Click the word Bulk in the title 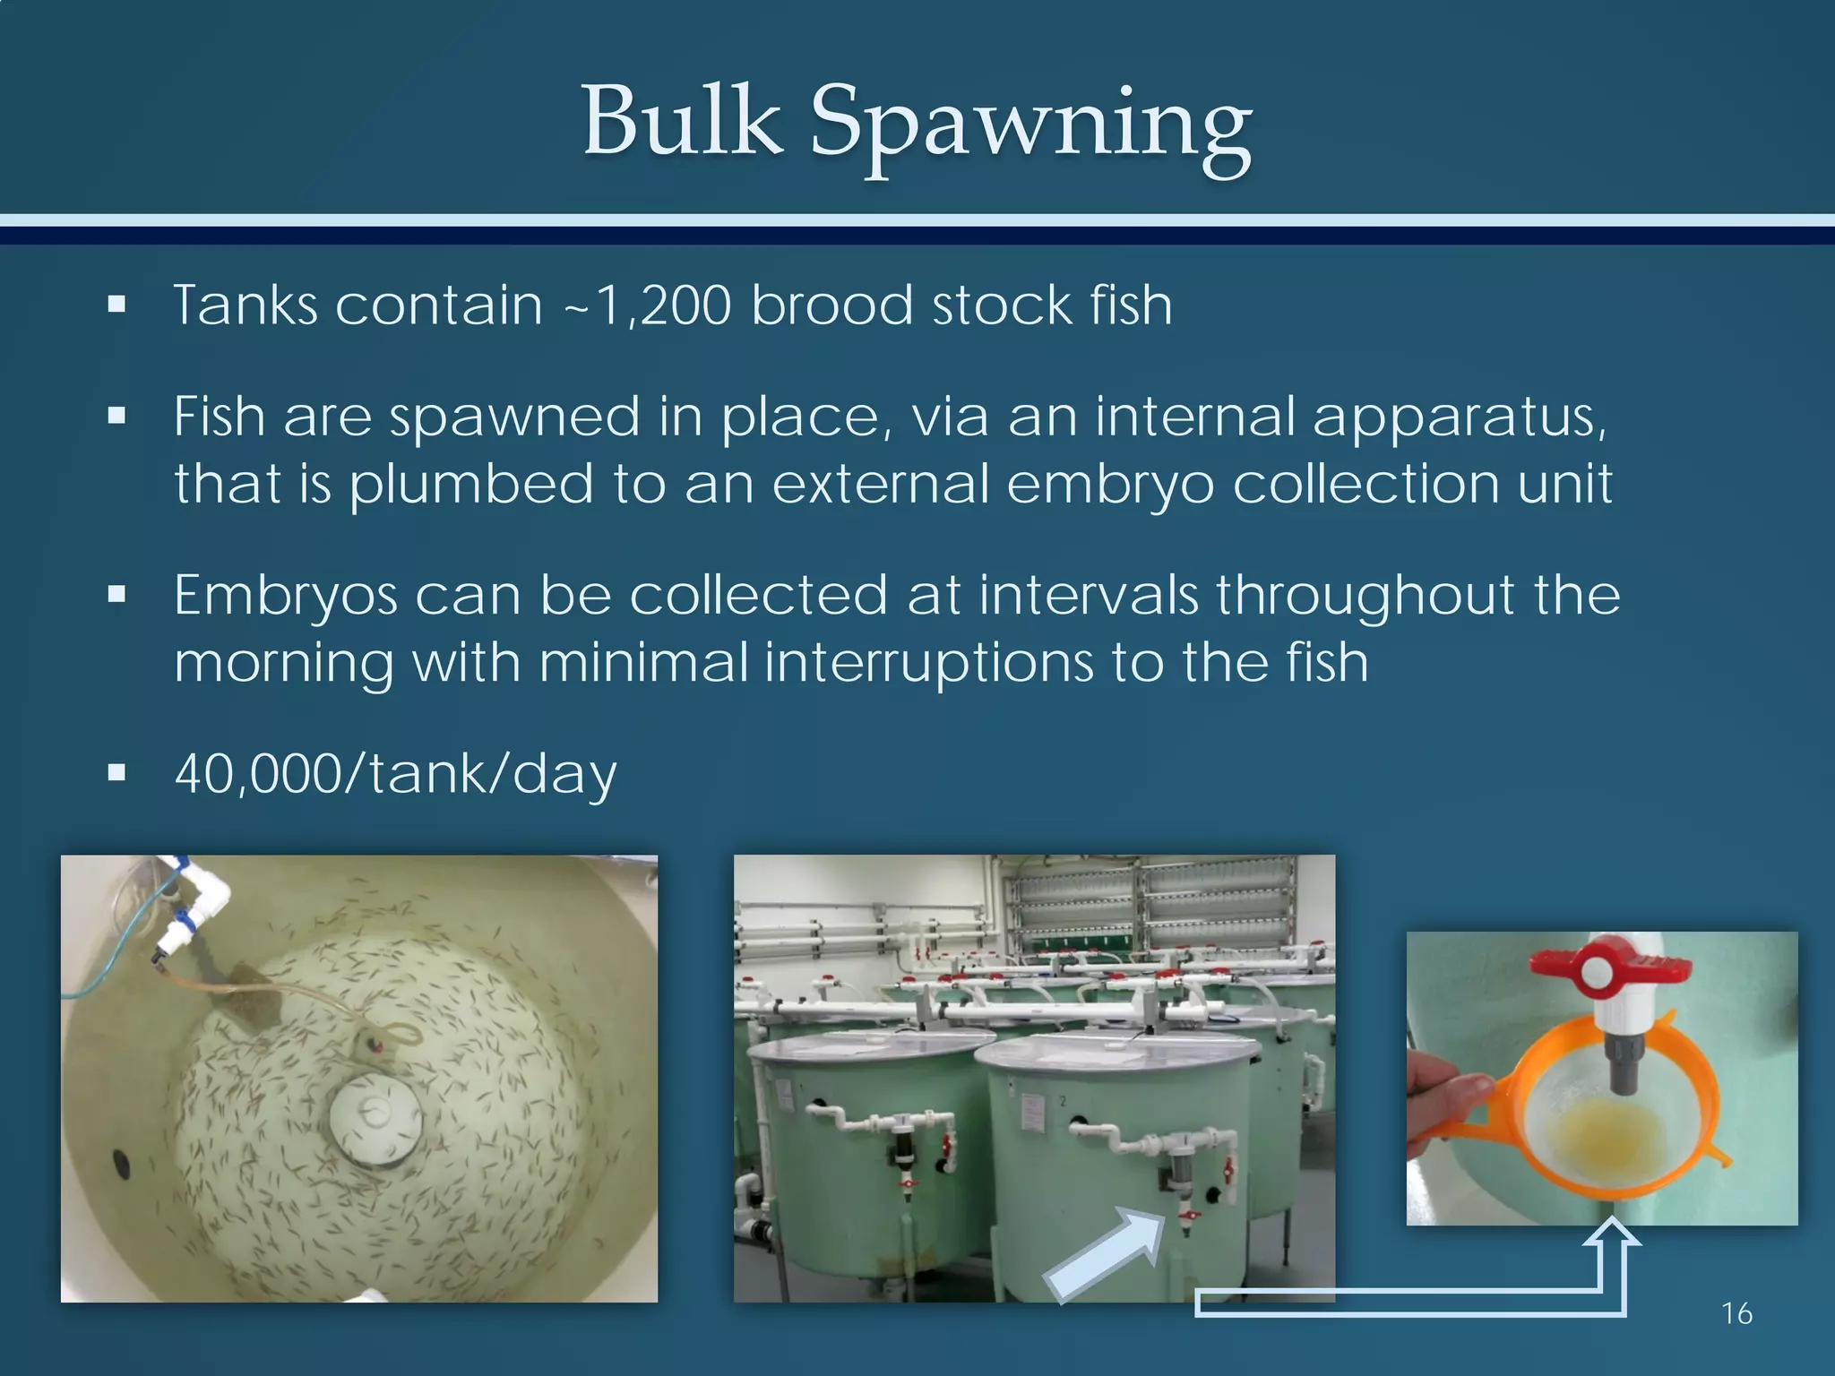point(682,121)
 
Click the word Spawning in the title point(1030,125)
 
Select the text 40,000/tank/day point(395,774)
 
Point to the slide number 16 point(1736,1313)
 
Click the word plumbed point(471,486)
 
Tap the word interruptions point(927,664)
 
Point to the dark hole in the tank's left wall point(120,1165)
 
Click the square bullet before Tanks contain point(116,305)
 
